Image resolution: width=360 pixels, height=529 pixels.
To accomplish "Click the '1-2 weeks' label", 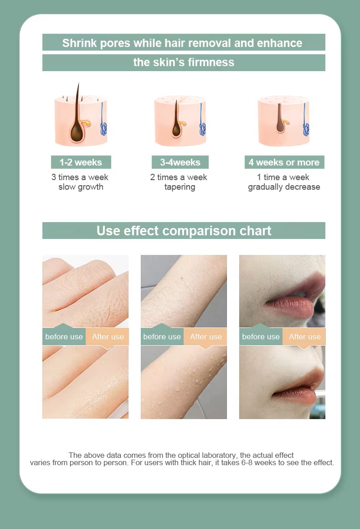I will coord(81,162).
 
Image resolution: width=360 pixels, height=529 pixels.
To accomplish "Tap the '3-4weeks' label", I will coord(180,162).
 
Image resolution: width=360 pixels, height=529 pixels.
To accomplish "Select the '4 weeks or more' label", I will coord(284,162).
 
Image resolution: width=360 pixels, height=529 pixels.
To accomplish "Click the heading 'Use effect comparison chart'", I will coord(184,231).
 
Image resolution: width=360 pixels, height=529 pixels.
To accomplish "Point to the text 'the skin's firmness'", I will coord(184,62).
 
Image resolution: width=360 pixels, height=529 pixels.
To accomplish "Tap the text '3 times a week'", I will coord(80,177).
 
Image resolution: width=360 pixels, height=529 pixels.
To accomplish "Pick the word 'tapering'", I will coord(180,187).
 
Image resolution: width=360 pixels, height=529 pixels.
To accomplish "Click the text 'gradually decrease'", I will coord(284,187).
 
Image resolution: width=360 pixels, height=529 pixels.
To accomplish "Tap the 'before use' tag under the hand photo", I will coord(64,337).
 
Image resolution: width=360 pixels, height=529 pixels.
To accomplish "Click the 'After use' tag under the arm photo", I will coord(206,337).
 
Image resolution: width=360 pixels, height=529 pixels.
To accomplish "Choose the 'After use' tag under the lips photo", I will coord(304,337).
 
